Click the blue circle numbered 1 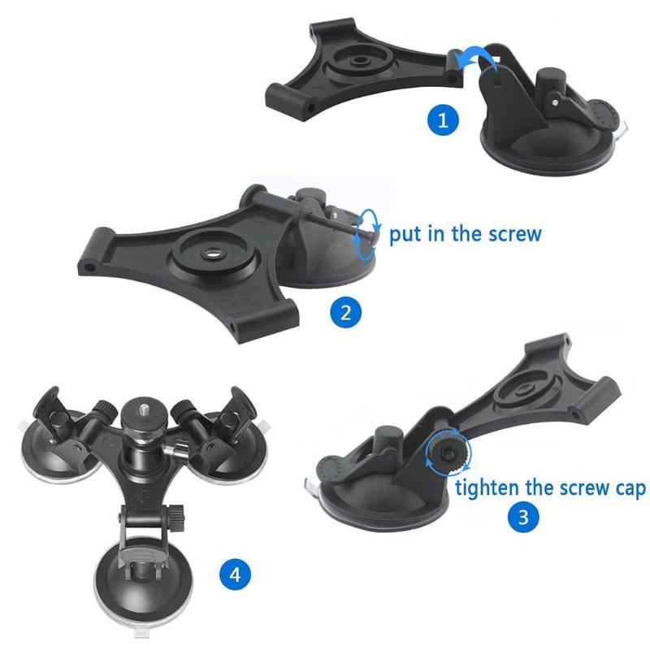(x=443, y=120)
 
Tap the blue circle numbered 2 (x=346, y=313)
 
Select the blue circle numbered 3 (x=523, y=517)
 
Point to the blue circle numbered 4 (x=235, y=574)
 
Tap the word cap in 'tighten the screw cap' (x=630, y=489)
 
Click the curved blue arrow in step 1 (x=477, y=57)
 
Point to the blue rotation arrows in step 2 (x=366, y=235)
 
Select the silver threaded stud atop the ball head (x=143, y=410)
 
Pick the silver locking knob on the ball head (x=174, y=450)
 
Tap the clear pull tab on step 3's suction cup (x=311, y=486)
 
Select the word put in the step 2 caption (x=403, y=235)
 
